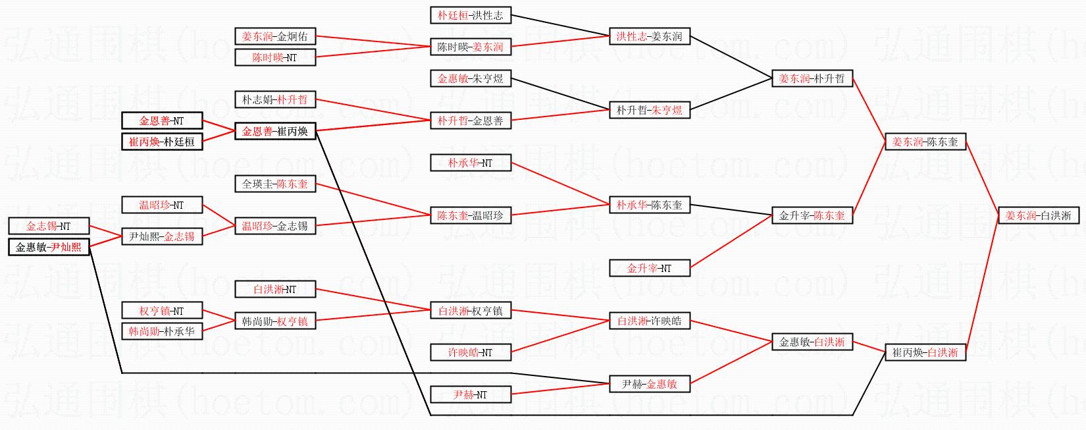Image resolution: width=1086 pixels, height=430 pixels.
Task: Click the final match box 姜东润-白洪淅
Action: [1039, 215]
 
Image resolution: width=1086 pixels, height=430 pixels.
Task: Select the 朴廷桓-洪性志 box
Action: [471, 15]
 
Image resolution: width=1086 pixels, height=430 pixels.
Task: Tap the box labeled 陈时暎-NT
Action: [275, 57]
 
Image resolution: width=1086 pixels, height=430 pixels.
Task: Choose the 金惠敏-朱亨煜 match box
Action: [471, 78]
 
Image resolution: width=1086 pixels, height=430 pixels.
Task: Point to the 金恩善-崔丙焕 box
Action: [275, 131]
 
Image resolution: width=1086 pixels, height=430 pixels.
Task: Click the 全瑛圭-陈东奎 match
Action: [275, 184]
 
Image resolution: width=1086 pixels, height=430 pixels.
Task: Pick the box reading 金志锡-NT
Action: [49, 226]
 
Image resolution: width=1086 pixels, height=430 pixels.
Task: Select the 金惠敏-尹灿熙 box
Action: [49, 248]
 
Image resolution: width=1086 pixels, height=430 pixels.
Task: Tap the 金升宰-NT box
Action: [649, 268]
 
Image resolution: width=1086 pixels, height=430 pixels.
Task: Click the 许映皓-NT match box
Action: [471, 352]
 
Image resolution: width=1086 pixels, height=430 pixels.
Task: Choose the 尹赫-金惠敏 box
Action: [649, 384]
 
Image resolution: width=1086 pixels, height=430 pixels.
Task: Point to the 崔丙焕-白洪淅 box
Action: [925, 352]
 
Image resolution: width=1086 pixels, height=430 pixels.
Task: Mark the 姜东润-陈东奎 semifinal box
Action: [925, 142]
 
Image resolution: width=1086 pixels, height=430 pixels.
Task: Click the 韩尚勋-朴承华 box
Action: [162, 331]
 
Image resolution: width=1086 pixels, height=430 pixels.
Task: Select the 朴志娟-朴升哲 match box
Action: [275, 99]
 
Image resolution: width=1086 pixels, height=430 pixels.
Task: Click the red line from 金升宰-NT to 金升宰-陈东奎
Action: [731, 242]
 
